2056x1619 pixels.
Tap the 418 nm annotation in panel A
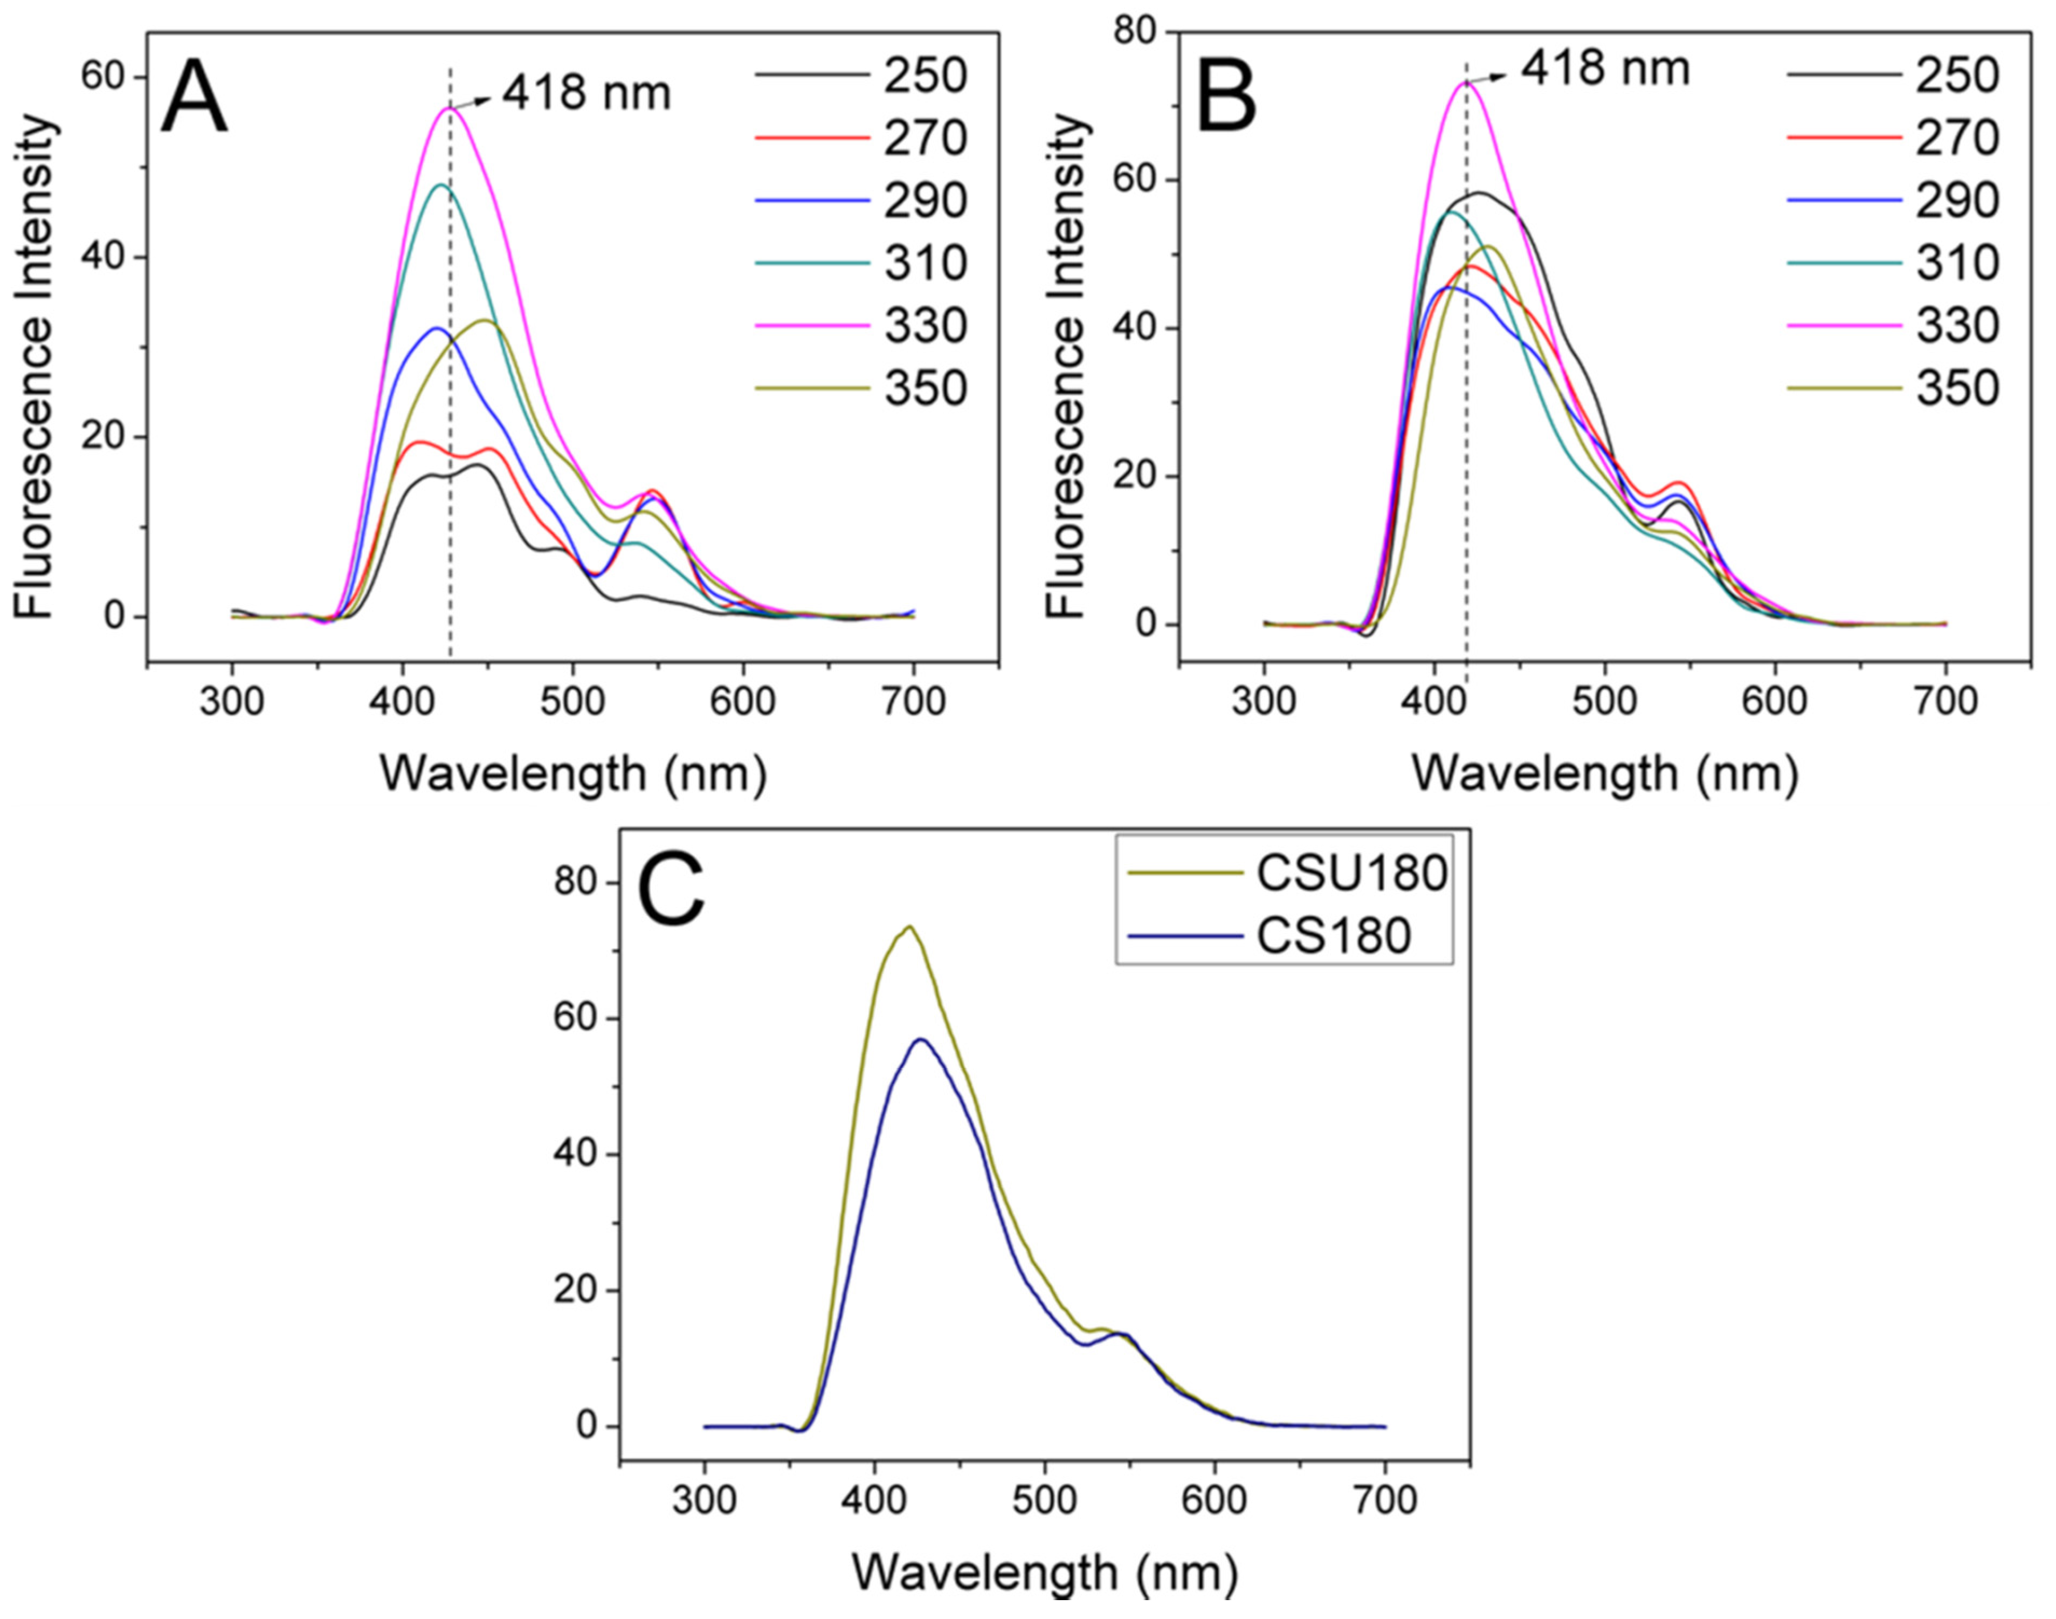(x=585, y=93)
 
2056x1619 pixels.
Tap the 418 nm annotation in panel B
(x=1605, y=68)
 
